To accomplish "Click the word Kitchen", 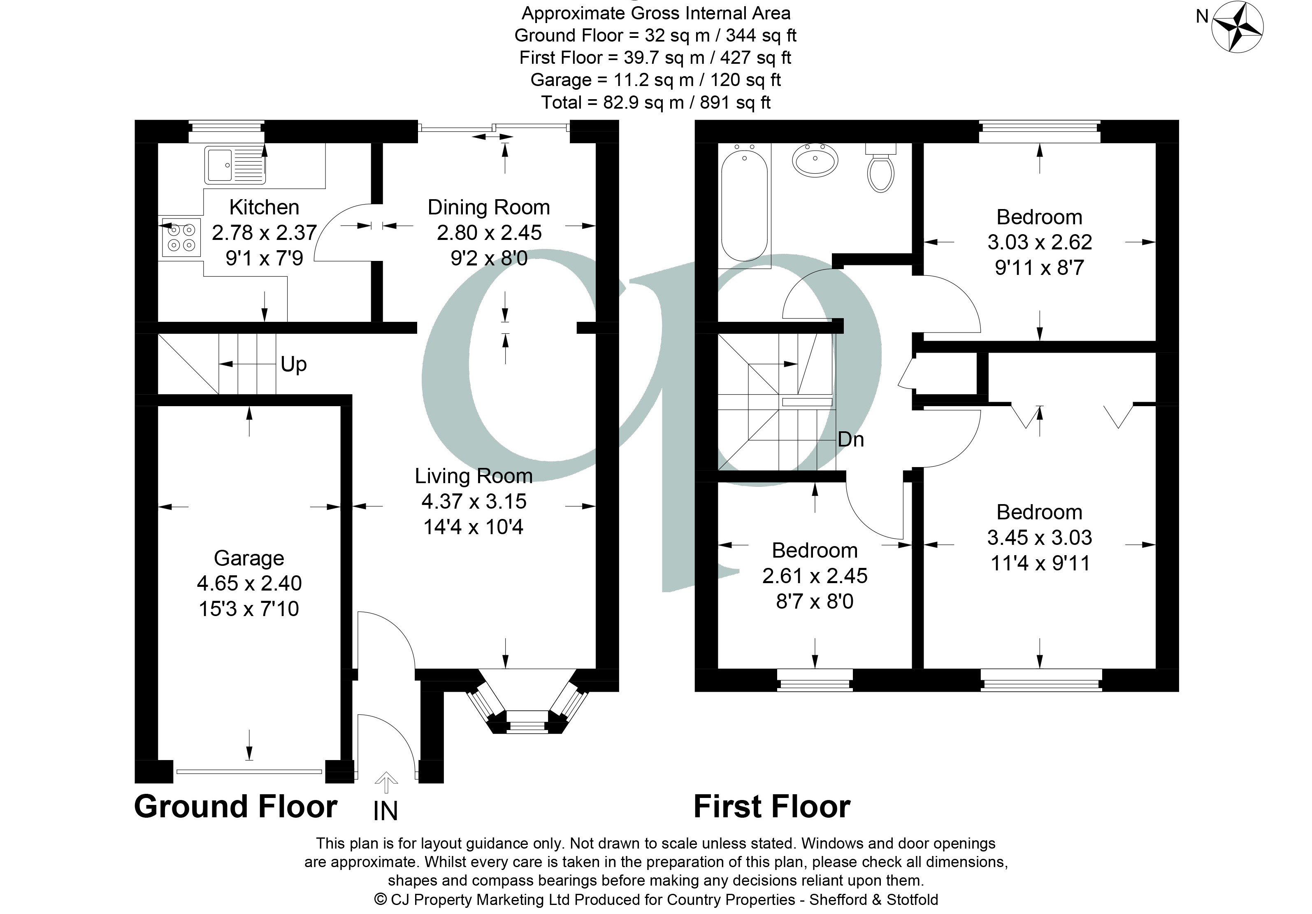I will point(264,207).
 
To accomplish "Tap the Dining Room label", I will point(489,207).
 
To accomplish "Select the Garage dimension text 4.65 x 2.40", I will point(249,583).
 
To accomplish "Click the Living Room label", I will point(473,476).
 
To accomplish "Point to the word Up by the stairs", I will point(294,364).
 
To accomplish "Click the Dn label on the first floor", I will point(850,439).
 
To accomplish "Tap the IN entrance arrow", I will point(386,782).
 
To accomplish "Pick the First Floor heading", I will point(771,807).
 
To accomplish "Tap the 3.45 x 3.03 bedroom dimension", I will point(1039,537).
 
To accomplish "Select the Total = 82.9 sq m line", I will point(655,102).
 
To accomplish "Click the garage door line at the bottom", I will point(249,772).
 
